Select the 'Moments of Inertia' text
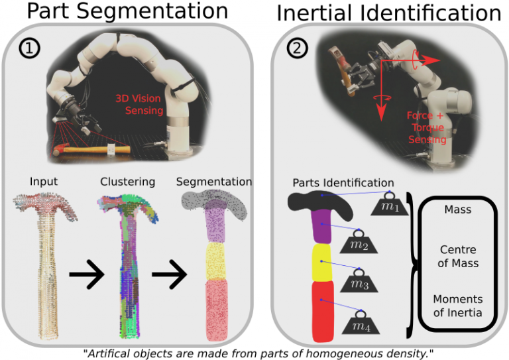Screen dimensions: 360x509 [459, 305]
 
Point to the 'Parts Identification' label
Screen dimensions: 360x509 [343, 182]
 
